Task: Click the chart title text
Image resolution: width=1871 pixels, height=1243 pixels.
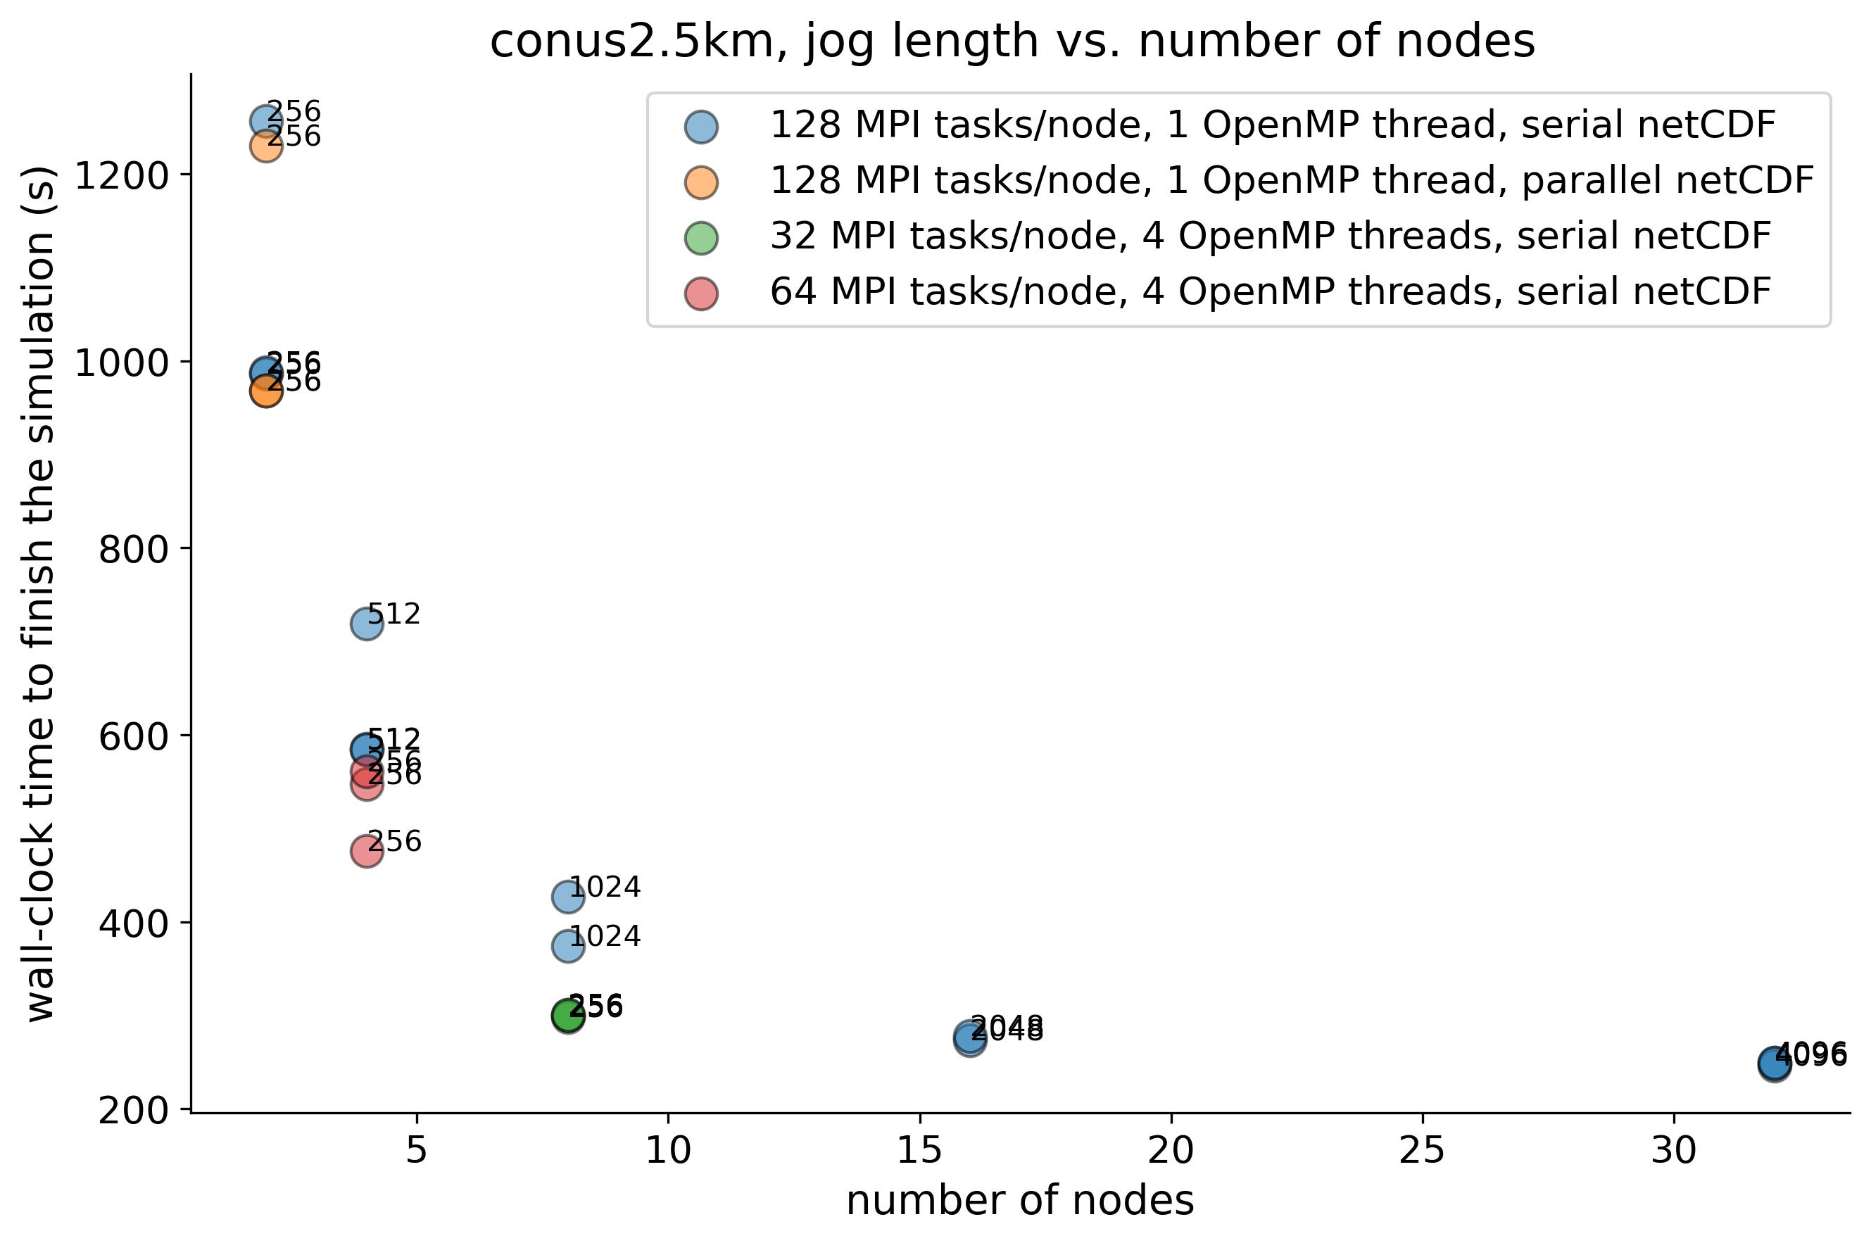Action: [x=1012, y=42]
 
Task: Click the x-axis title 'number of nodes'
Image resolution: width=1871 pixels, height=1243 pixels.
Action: [x=1019, y=1200]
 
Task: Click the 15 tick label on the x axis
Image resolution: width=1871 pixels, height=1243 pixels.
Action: [x=919, y=1150]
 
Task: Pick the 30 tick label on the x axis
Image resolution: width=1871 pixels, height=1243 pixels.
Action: [x=1674, y=1150]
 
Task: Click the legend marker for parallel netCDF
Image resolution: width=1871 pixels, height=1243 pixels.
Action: [x=702, y=182]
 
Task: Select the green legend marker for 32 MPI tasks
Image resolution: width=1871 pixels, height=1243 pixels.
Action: [x=702, y=237]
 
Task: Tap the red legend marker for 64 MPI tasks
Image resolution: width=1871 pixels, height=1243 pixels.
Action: [x=702, y=293]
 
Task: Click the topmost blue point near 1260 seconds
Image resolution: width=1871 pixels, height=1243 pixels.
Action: [x=265, y=121]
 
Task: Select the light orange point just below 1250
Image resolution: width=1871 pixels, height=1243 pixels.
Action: [x=265, y=146]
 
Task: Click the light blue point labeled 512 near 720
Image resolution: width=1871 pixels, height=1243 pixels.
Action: [x=366, y=624]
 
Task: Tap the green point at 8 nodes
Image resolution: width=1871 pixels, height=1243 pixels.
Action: [x=567, y=1016]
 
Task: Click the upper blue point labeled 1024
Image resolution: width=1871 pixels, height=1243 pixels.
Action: [x=567, y=897]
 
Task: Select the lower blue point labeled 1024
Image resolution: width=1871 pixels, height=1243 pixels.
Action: [x=567, y=946]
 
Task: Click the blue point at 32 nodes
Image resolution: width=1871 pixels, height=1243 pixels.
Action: [x=1775, y=1064]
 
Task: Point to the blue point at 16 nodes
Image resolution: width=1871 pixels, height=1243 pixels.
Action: [x=969, y=1037]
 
